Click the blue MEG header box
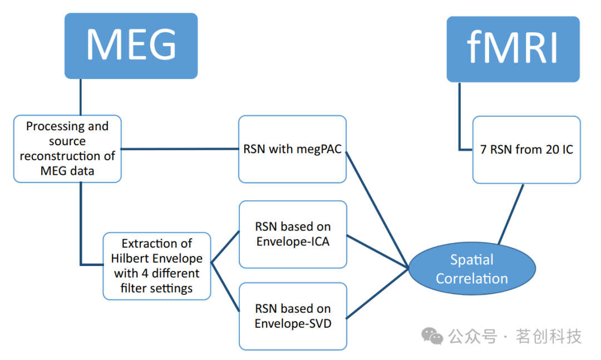131,46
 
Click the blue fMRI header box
513,49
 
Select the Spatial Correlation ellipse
472,269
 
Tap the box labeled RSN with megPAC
292,149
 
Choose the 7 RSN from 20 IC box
526,149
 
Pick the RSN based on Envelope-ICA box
293,234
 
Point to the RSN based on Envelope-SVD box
293,316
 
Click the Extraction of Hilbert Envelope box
156,266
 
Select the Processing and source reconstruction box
67,149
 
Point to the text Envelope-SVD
293,323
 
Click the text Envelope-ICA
293,242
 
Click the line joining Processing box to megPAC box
180,149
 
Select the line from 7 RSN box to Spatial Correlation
510,214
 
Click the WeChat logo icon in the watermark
432,336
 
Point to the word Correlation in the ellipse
472,278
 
